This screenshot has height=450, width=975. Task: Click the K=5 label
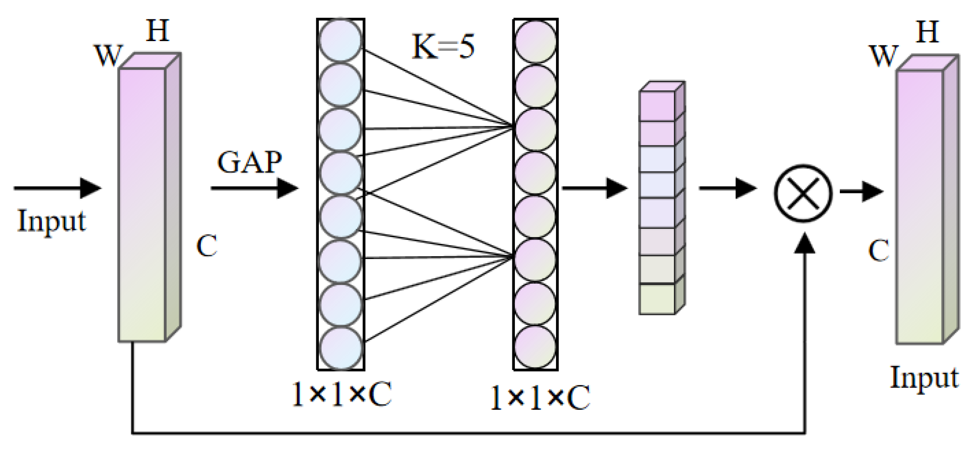point(443,47)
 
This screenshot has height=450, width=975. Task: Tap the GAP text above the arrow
point(249,162)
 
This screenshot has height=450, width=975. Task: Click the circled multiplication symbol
point(803,193)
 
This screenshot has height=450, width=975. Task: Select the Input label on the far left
point(51,221)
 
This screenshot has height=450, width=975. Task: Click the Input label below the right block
point(924,377)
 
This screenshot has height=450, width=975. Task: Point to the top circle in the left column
point(340,40)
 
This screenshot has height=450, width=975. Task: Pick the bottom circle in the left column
point(340,348)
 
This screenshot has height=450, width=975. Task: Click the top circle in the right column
point(535,41)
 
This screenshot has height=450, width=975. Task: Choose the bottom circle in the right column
point(535,347)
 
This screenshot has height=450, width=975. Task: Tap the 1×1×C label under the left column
point(341,394)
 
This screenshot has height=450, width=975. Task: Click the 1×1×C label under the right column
point(540,397)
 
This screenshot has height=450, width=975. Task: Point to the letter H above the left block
point(158,31)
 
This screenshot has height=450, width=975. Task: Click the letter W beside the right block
point(883,56)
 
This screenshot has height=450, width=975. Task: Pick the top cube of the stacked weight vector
point(657,106)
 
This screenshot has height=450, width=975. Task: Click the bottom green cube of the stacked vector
point(657,298)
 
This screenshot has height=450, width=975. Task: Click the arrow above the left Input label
point(57,188)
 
